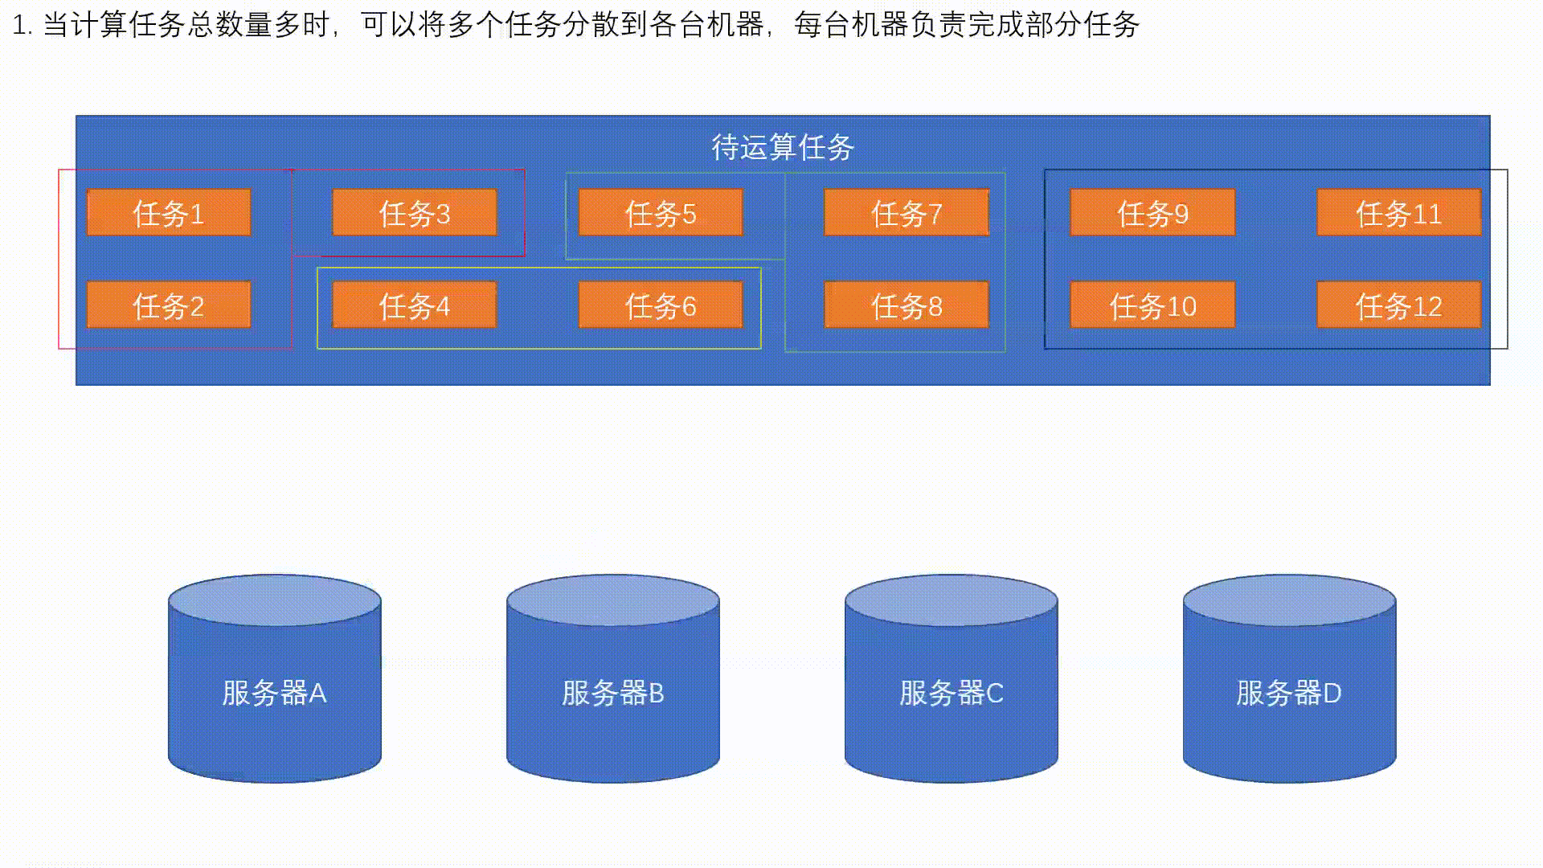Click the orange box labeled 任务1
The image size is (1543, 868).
[x=169, y=213]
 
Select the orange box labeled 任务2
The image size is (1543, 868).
[x=169, y=305]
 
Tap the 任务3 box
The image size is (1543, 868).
[x=415, y=213]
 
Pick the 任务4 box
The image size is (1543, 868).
[x=415, y=305]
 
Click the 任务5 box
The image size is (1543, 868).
[x=661, y=213]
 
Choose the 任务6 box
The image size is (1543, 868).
[x=661, y=305]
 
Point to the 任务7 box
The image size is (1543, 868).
[x=907, y=213]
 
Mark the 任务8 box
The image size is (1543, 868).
[x=907, y=305]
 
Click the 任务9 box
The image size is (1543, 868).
[x=1152, y=213]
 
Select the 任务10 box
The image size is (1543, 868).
[x=1152, y=305]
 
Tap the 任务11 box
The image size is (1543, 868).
[x=1398, y=213]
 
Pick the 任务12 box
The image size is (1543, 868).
[x=1398, y=305]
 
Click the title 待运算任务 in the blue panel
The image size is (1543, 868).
[x=783, y=147]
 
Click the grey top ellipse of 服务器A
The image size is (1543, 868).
[x=275, y=600]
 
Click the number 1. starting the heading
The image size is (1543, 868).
[x=23, y=26]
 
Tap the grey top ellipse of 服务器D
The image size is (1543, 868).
[x=1289, y=600]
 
